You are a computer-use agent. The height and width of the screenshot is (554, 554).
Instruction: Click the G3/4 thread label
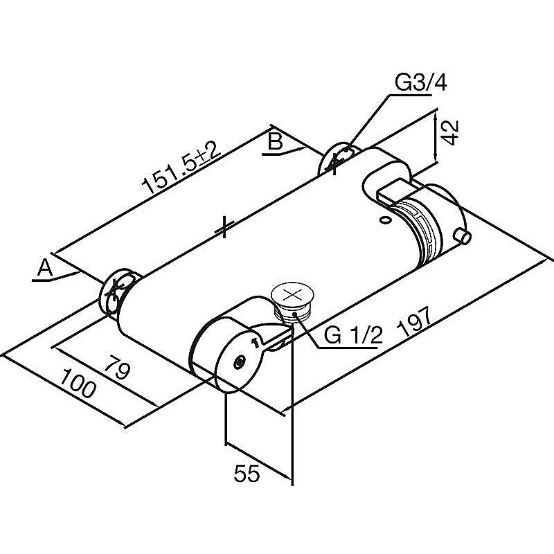[420, 83]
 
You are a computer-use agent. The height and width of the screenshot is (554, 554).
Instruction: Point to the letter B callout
[275, 142]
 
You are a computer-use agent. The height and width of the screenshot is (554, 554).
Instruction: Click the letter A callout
[44, 267]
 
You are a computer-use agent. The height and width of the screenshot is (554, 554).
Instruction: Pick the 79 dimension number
[118, 368]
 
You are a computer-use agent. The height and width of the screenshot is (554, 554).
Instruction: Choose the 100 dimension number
[78, 384]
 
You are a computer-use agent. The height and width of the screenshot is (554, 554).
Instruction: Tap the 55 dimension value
[247, 474]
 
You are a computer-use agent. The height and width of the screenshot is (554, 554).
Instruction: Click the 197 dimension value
[415, 322]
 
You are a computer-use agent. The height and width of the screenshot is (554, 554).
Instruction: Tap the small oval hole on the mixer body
[385, 220]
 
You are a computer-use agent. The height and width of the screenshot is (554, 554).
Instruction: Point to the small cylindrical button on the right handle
[463, 237]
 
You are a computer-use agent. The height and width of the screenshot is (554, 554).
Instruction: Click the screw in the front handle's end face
[240, 361]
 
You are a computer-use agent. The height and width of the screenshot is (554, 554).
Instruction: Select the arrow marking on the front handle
[255, 341]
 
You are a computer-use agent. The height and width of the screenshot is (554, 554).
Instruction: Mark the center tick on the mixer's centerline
[224, 226]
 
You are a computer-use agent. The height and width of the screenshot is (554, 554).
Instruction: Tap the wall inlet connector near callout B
[337, 159]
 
